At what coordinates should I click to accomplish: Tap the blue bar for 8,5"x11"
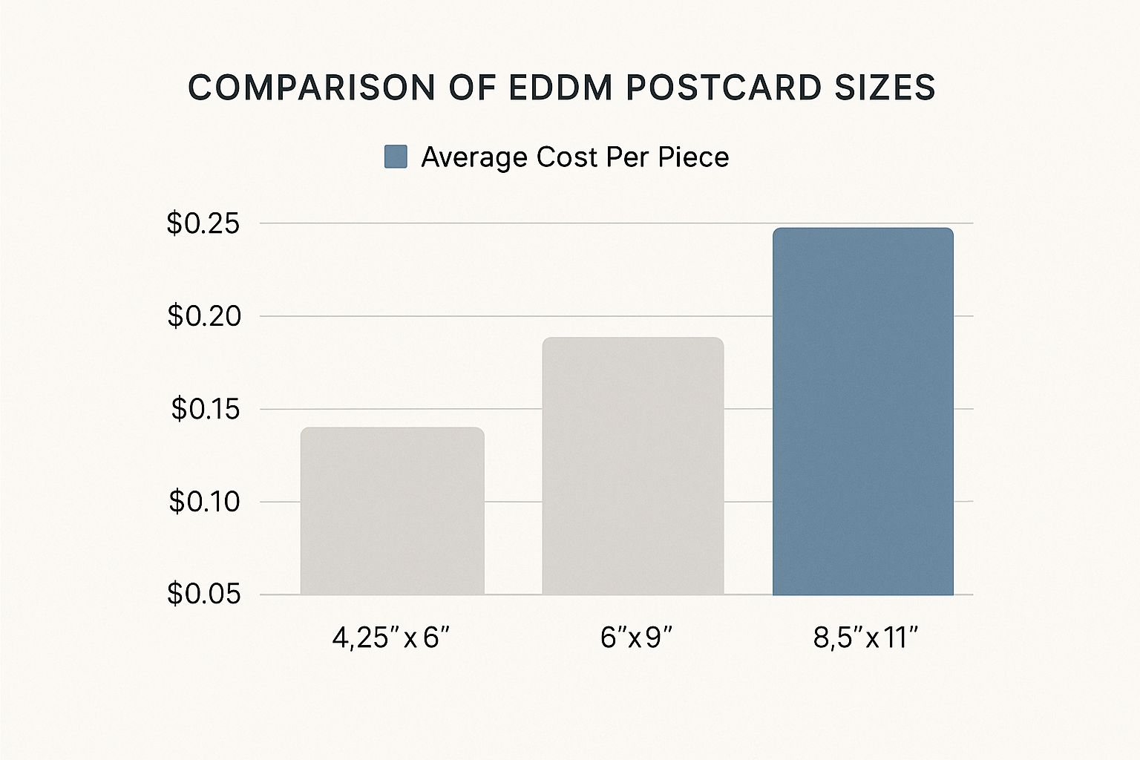[x=862, y=411]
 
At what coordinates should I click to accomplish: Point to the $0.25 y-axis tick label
[x=203, y=223]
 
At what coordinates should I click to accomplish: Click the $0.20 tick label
[x=204, y=316]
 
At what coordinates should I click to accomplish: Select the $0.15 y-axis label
[x=206, y=409]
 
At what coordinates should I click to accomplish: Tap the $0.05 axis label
[x=203, y=594]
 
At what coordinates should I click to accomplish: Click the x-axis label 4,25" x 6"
[x=391, y=638]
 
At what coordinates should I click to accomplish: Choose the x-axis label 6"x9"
[x=636, y=638]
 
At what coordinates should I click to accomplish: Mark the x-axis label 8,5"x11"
[x=866, y=638]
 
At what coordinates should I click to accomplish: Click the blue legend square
[x=396, y=157]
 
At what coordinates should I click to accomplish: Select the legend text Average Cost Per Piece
[x=574, y=157]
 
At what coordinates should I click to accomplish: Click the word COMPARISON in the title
[x=311, y=88]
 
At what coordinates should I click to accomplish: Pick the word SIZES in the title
[x=885, y=88]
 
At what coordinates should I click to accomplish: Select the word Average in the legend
[x=474, y=157]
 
